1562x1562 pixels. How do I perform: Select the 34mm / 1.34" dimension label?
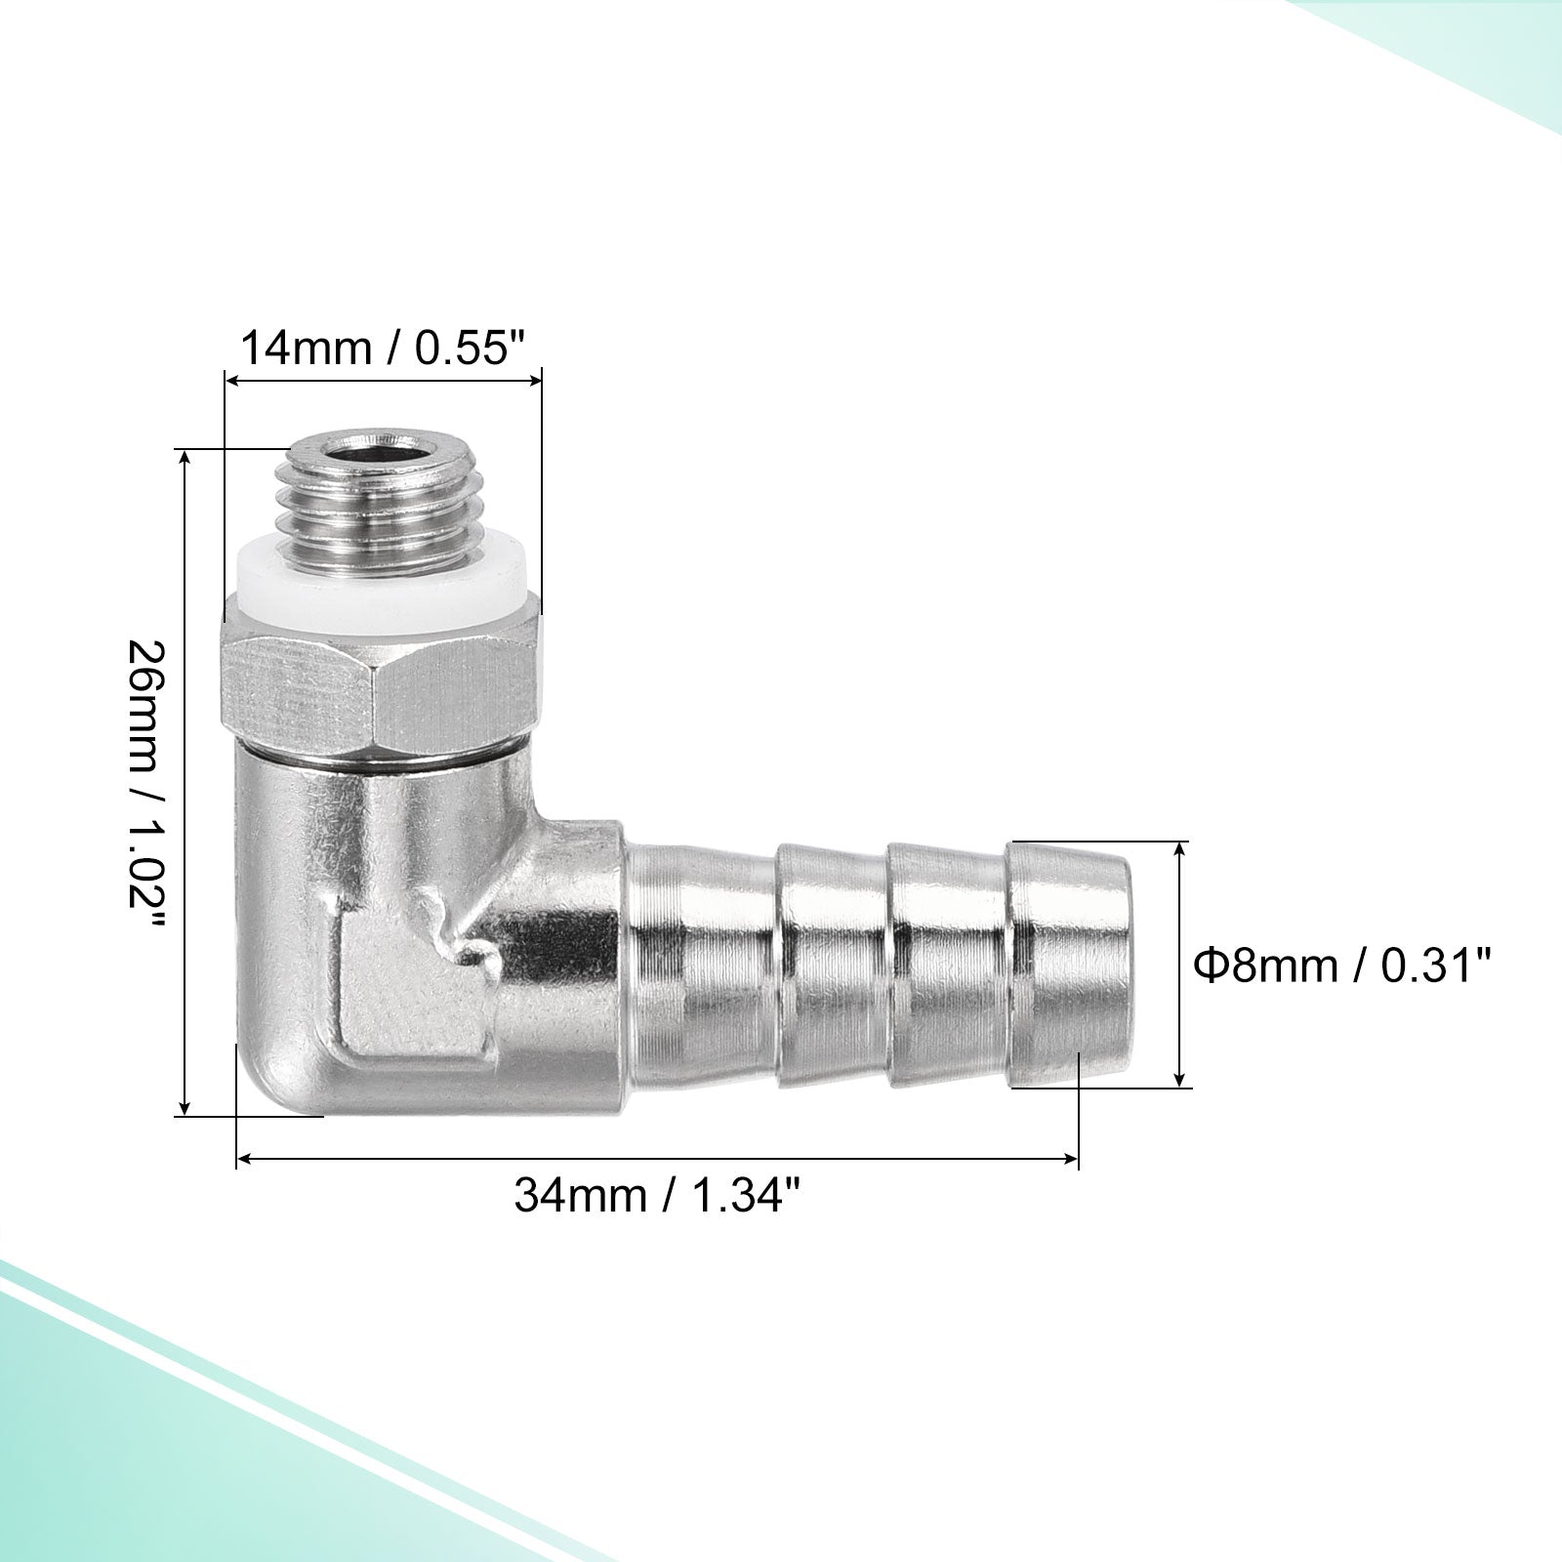(x=662, y=1196)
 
